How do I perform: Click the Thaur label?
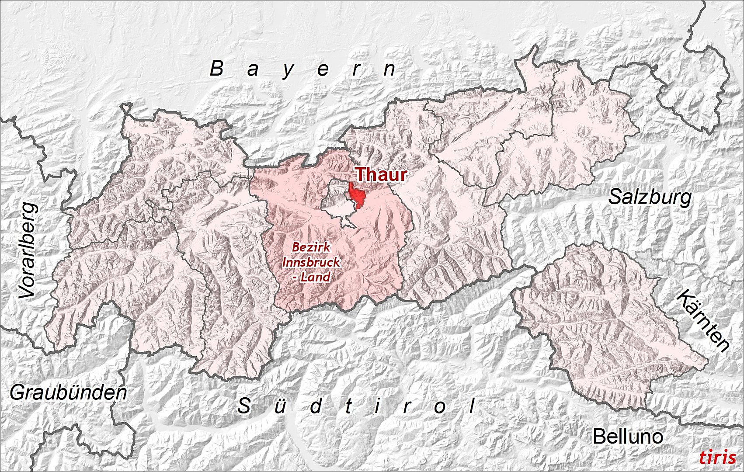381,175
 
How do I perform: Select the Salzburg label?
650,198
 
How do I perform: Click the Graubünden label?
68,393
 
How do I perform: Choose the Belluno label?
627,436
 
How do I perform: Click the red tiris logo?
717,457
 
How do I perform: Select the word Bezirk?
311,247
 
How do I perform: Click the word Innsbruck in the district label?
311,262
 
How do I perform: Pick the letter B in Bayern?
217,69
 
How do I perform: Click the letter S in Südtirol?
244,406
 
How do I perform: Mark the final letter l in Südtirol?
472,406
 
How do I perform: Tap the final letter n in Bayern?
389,70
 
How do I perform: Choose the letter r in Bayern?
357,70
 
